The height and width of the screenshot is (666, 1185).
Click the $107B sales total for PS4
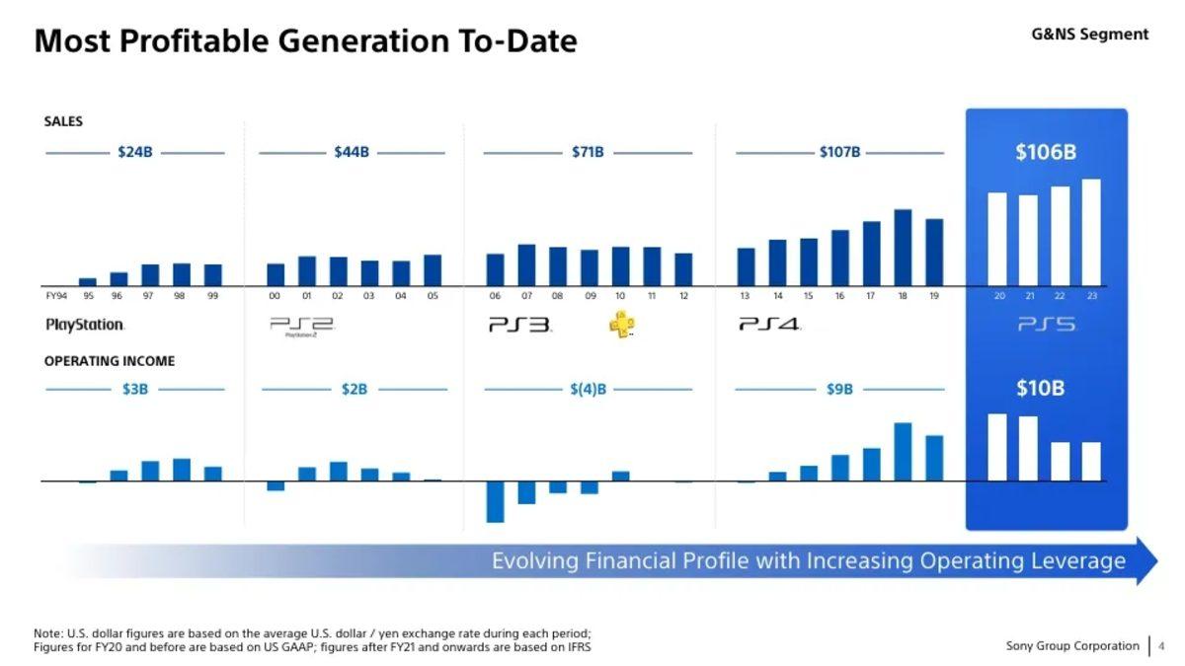tap(839, 153)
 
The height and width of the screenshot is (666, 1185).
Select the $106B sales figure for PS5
tap(1045, 153)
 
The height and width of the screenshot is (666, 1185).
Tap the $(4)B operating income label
tap(588, 390)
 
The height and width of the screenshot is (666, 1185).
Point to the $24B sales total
tap(135, 153)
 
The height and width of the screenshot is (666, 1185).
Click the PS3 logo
tap(519, 324)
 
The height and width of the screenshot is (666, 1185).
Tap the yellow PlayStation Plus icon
tap(621, 325)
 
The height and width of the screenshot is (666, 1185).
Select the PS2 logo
tap(302, 325)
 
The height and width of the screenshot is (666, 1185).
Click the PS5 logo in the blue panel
tap(1046, 325)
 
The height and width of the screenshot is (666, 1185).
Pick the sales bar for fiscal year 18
tap(903, 247)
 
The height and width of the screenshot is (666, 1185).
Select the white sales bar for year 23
tap(1091, 232)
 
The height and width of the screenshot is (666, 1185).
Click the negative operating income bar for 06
tap(495, 501)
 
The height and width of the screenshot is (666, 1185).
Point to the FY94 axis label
tap(56, 296)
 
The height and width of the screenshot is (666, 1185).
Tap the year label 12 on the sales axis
tap(683, 296)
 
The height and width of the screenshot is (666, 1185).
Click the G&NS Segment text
tap(1089, 35)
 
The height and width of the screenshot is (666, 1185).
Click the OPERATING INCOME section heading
tap(110, 361)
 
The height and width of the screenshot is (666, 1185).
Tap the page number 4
tap(1161, 646)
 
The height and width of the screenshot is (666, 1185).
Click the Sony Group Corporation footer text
tap(1072, 646)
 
